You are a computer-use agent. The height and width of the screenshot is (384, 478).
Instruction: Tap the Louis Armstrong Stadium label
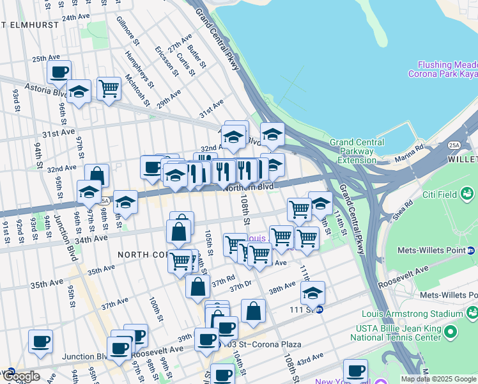coord(412,314)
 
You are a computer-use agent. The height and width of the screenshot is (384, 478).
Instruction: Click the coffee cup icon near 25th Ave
coord(59,72)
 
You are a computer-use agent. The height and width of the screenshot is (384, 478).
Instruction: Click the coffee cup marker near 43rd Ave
coord(355,370)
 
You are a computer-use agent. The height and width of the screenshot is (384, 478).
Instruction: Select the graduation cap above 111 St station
coord(312,292)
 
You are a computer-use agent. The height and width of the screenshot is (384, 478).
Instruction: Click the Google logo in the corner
coord(20,377)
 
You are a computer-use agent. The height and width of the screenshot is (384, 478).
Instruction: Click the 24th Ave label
coord(76,18)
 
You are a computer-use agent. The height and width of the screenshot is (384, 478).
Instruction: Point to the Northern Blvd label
coord(249,186)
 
